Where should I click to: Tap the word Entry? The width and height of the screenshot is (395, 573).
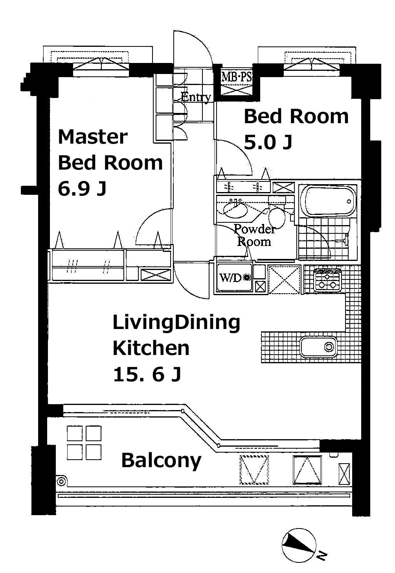[x=196, y=97]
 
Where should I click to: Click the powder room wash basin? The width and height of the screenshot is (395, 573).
[x=235, y=209]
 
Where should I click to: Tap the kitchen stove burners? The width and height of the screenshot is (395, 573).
[x=327, y=280]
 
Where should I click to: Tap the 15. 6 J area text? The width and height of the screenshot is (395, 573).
[x=147, y=375]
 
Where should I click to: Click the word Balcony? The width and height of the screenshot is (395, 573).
[x=161, y=460]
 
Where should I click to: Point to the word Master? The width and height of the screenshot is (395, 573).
[x=93, y=137]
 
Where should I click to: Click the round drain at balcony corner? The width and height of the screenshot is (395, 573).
[x=61, y=482]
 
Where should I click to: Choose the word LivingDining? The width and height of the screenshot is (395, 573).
[x=176, y=323]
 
